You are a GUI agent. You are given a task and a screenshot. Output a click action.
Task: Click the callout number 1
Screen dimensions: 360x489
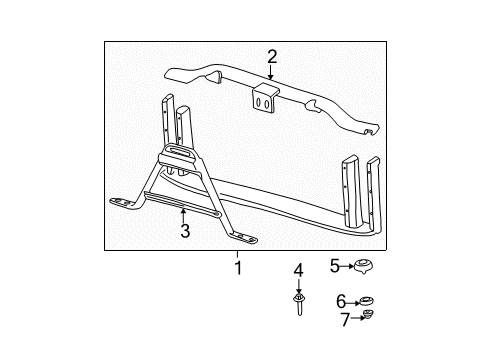click(237, 268)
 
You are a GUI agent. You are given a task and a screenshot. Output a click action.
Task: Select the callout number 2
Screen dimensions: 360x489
click(271, 57)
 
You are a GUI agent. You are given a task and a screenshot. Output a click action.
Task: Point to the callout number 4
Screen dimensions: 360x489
click(299, 271)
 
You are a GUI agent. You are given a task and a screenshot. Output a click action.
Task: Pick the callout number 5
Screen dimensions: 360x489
click(335, 265)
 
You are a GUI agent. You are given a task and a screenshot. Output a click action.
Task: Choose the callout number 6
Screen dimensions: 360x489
click(340, 300)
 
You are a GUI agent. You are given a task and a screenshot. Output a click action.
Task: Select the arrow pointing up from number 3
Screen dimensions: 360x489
click(184, 215)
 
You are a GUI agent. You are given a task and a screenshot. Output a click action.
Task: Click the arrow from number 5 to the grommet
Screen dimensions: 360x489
click(350, 265)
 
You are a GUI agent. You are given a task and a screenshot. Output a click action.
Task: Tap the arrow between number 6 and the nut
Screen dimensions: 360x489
click(353, 300)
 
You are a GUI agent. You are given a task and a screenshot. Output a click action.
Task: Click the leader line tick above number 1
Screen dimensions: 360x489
click(237, 254)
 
